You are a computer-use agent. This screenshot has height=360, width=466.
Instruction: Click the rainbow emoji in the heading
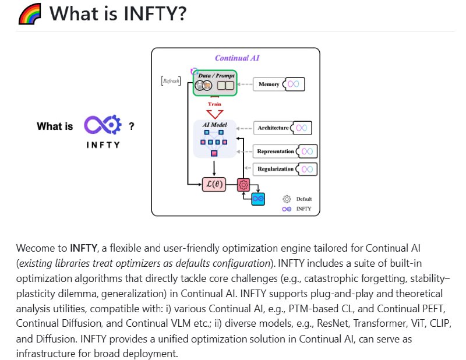(x=29, y=13)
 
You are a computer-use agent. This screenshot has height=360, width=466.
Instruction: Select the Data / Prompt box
(x=215, y=81)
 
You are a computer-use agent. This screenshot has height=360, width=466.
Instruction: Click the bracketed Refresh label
(x=171, y=82)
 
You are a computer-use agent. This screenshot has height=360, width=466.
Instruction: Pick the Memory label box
(x=269, y=84)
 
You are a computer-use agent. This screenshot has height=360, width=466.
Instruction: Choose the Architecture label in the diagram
(x=273, y=128)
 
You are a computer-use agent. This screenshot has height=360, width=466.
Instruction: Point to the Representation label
(x=276, y=151)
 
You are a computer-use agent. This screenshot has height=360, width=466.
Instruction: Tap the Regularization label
(x=276, y=169)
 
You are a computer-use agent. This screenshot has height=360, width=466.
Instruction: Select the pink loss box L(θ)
(x=214, y=185)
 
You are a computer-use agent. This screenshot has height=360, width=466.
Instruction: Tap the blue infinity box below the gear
(x=257, y=199)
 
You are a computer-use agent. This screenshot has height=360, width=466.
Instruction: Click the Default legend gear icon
(x=286, y=199)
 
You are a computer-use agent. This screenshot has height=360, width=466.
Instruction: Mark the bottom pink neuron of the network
(x=214, y=153)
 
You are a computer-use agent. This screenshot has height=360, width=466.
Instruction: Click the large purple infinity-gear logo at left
(x=102, y=125)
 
